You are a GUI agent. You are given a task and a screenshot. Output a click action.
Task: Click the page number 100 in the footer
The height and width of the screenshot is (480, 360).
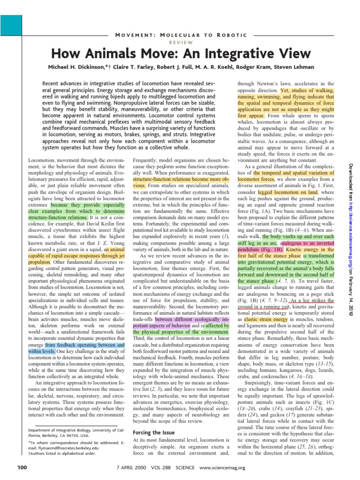coord(22,467)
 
